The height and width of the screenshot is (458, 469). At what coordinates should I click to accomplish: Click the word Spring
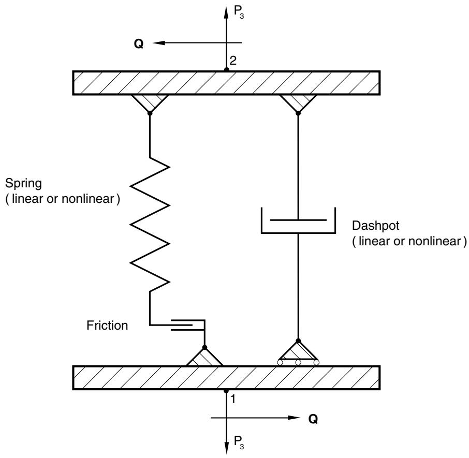point(23,184)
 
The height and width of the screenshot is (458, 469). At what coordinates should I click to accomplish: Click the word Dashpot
point(375,226)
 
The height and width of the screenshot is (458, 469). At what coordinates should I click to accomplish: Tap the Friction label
point(107,326)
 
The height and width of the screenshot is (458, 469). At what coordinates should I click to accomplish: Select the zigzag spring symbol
point(150,224)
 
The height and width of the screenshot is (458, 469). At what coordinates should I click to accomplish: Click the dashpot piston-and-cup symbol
point(298,220)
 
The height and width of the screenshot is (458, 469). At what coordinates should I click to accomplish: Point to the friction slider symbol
point(188,325)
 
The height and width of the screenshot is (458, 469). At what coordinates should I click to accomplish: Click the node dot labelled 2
point(227,70)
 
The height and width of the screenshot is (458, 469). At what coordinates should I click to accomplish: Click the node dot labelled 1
point(226,391)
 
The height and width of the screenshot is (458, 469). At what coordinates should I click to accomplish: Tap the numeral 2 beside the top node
point(233,61)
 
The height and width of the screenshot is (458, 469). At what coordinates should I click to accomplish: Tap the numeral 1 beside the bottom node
point(233,400)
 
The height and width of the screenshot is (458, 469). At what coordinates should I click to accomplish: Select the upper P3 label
point(239,12)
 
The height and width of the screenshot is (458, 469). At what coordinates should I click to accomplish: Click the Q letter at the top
point(139,44)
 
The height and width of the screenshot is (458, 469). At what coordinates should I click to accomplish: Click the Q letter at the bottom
point(313,419)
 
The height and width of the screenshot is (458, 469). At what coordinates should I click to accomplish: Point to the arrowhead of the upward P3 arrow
point(226,11)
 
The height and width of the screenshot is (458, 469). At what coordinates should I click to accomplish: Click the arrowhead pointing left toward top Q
point(159,43)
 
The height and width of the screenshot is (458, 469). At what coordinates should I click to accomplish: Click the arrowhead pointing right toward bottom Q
point(293,418)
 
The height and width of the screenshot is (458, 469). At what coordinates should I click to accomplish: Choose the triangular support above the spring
point(150,103)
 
